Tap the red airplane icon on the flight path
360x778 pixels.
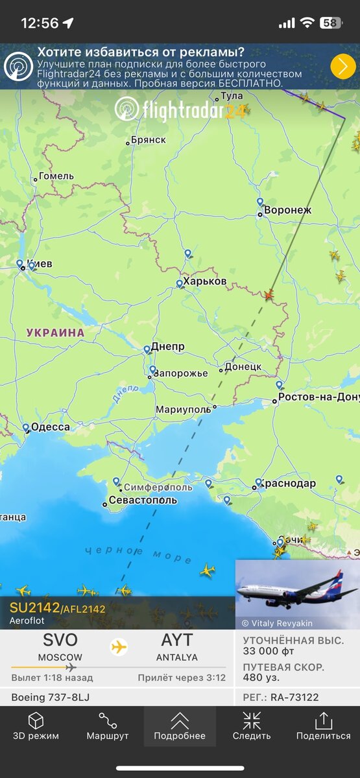pos(269,296)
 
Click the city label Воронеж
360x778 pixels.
pos(287,211)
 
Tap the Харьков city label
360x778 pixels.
pos(205,281)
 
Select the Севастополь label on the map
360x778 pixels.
pos(143,501)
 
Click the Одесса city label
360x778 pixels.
pos(51,427)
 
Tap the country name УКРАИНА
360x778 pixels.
pos(56,333)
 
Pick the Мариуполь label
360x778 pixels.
pos(184,410)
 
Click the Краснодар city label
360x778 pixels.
pos(290,484)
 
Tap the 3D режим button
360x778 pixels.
pos(36,726)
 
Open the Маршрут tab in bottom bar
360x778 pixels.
pos(108,726)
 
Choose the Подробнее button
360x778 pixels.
pos(180,726)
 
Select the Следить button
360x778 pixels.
pos(252,726)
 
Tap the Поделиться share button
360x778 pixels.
pos(323,726)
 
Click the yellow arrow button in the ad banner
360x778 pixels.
pos(343,66)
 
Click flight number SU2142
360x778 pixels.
pos(34,607)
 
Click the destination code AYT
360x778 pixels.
pos(177,641)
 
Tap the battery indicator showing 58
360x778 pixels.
pos(331,23)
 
